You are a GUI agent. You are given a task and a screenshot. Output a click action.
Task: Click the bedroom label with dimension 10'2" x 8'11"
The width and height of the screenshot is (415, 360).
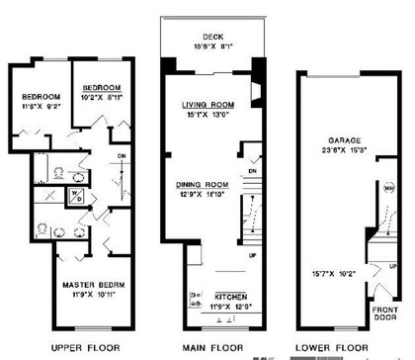(103, 86)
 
